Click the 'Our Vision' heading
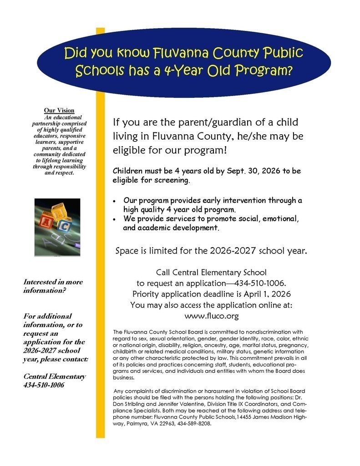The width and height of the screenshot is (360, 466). point(59,111)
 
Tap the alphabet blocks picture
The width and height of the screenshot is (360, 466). point(57,228)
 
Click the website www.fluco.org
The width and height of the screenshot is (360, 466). point(212,315)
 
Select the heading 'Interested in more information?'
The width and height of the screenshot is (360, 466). point(53,286)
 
